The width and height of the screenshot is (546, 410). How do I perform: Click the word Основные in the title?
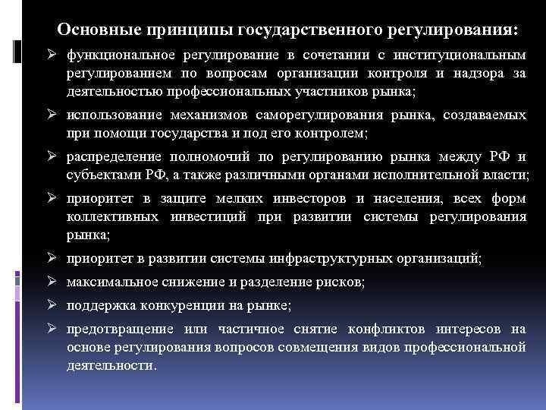tap(92, 30)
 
